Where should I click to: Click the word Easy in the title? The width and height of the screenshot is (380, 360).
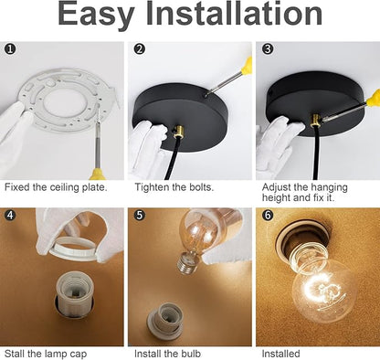96,16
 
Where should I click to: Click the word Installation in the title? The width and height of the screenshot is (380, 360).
235,14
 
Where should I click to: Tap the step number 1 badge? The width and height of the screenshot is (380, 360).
10,48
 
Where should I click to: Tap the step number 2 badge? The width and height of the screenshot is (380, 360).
140,48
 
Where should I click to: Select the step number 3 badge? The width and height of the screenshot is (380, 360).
268,48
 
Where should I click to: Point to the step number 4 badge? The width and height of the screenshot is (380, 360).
10,215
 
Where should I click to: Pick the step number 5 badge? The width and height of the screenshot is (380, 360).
140,215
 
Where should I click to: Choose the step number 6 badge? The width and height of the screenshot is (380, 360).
268,215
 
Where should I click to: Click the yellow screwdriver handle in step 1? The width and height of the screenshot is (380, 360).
99,174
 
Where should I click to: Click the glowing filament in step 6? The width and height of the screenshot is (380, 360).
322,289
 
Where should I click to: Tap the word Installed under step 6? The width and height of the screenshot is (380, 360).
280,354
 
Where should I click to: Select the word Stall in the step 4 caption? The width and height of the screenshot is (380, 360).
15,354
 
